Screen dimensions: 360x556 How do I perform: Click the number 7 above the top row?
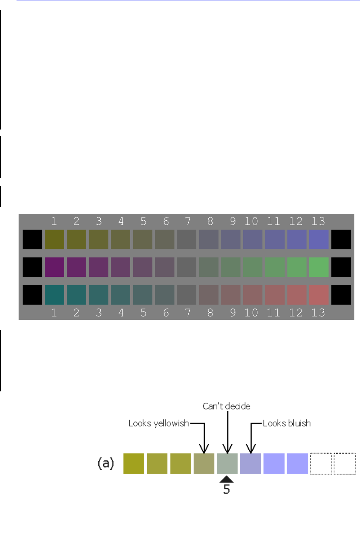[188, 221]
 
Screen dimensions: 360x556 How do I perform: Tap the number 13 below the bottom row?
[318, 313]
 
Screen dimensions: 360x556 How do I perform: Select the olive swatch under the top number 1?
[54, 240]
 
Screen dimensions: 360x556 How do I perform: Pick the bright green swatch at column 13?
[319, 267]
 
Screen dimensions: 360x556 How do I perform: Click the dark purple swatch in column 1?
[54, 267]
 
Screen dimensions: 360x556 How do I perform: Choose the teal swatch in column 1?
[54, 295]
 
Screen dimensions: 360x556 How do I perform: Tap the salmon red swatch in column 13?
[319, 295]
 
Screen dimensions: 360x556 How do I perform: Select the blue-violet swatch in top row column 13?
[319, 240]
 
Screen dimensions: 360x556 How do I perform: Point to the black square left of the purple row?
[32, 267]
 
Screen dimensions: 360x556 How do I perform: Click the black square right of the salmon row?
[341, 295]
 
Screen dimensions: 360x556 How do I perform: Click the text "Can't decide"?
[227, 406]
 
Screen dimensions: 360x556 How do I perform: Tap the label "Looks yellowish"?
[158, 423]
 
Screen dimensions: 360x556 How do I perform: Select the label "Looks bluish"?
[287, 423]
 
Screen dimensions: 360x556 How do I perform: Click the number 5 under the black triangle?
[227, 489]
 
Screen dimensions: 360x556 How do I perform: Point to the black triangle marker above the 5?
[227, 479]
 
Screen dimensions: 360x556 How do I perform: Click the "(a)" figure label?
[106, 463]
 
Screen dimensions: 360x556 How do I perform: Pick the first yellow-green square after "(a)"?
[133, 464]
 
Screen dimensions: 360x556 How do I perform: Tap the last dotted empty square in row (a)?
[345, 464]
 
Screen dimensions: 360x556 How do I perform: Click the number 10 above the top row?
[251, 221]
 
